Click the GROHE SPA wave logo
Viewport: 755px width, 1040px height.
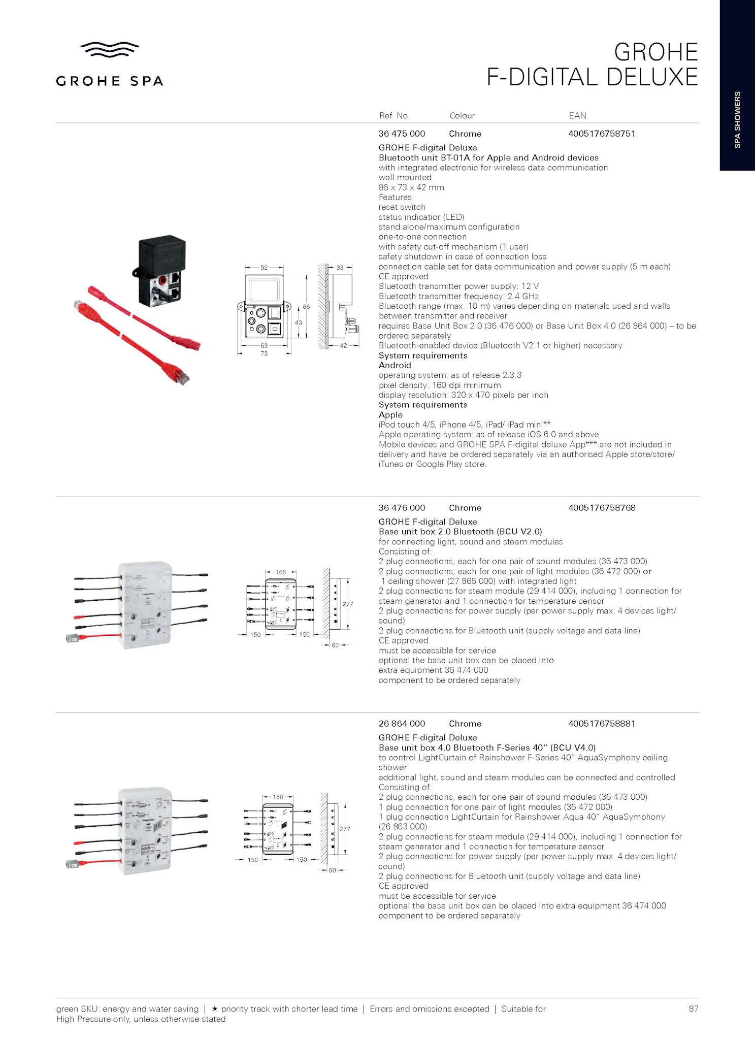pos(110,49)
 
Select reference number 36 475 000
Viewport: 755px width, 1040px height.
pos(402,134)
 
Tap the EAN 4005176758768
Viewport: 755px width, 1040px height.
pos(602,507)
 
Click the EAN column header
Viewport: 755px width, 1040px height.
pos(577,116)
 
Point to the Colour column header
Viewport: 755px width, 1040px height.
pos(462,116)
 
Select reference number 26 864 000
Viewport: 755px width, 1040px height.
pos(402,723)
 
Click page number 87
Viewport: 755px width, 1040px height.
pos(693,1009)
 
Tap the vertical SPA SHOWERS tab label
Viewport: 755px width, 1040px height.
pos(737,120)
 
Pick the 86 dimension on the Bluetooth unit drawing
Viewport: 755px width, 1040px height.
pos(306,307)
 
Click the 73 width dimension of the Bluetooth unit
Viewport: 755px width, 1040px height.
pos(264,353)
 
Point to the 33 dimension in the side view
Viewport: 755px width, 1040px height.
pos(340,267)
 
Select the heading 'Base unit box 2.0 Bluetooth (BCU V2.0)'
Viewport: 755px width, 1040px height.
pos(460,532)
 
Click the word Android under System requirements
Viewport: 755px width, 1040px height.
pos(395,365)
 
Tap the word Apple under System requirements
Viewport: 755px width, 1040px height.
pos(390,414)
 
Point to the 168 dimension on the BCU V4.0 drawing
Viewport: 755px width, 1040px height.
pos(278,797)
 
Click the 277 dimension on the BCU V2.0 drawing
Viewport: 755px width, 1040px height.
pos(347,604)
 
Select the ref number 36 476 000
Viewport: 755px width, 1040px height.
pos(402,507)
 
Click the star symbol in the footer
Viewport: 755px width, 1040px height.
pos(214,1009)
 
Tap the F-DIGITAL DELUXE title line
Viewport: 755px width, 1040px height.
pos(592,77)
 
